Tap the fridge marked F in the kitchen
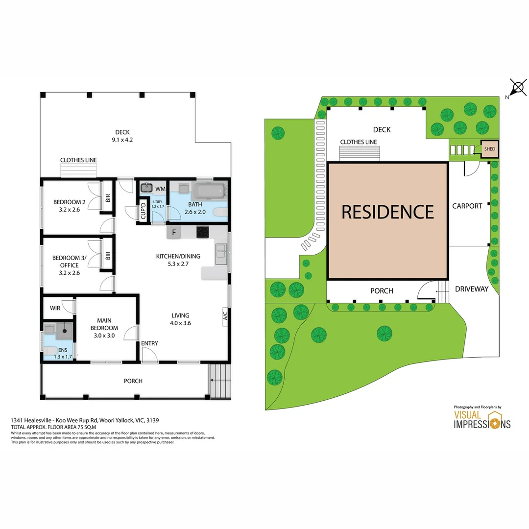(174, 232)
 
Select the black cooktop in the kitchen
(203, 232)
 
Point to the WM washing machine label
(160, 189)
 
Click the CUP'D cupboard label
(144, 211)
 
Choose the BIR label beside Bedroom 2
(108, 198)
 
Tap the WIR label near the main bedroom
(55, 308)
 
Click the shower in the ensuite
(64, 332)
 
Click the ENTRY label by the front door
(149, 343)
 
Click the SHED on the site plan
(489, 149)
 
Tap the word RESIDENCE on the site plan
(387, 212)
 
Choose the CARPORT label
(467, 206)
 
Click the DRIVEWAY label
(471, 289)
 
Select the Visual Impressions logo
(481, 419)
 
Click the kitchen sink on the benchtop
(221, 254)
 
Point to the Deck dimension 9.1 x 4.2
(122, 140)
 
